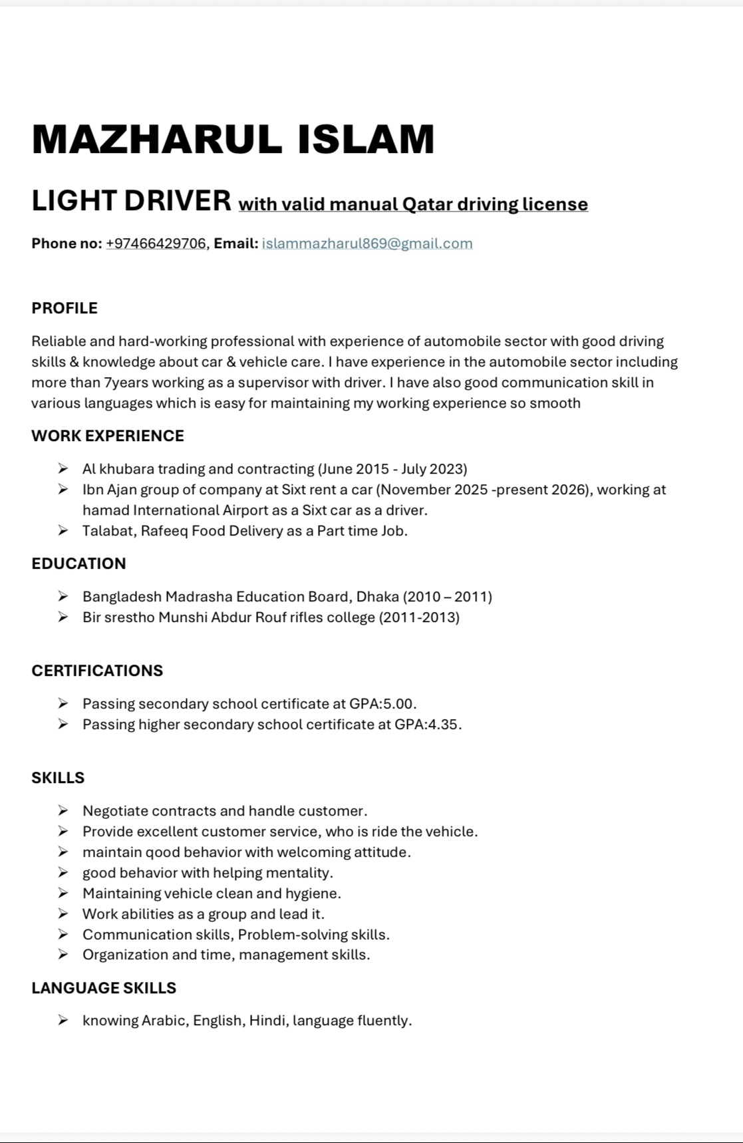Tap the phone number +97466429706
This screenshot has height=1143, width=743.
pyautogui.click(x=156, y=244)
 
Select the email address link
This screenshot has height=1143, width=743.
pyautogui.click(x=367, y=244)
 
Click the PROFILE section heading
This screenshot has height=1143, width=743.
pyautogui.click(x=65, y=308)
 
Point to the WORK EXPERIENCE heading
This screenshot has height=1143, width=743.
pyautogui.click(x=108, y=436)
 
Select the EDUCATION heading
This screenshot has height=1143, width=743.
pyautogui.click(x=78, y=564)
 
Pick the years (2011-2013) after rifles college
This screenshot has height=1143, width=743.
pyautogui.click(x=419, y=617)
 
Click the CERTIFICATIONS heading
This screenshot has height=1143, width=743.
pyautogui.click(x=97, y=671)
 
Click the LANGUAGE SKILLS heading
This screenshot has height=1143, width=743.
pyautogui.click(x=104, y=988)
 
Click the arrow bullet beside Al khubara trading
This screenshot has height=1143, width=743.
pyautogui.click(x=63, y=469)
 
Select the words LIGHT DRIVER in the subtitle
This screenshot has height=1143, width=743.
pyautogui.click(x=132, y=201)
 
